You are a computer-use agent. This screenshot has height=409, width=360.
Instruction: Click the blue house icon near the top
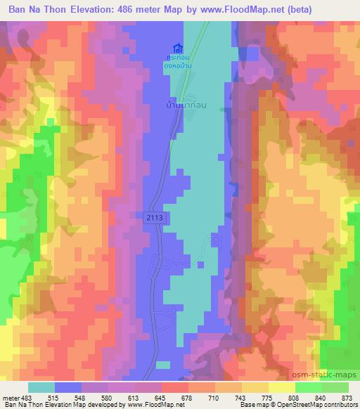point(186,48)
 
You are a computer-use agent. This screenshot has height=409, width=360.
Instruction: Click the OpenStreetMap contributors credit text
point(323,404)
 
